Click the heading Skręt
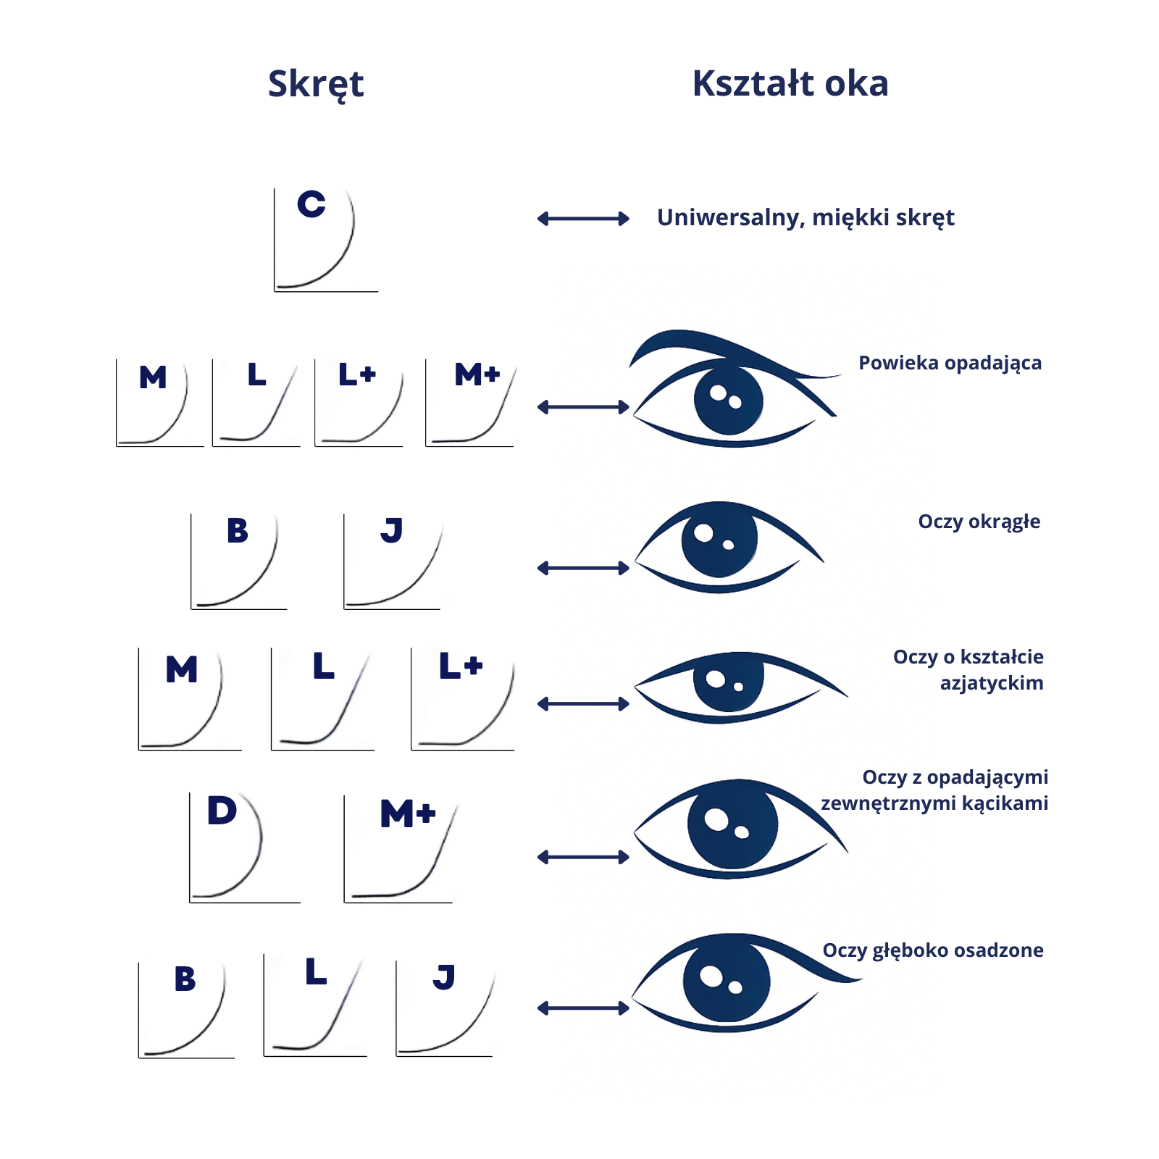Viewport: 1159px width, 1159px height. [x=316, y=84]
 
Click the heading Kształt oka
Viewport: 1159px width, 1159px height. [x=790, y=83]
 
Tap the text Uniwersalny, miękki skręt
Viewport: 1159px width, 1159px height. [x=806, y=217]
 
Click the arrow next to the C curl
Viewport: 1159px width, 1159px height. [x=583, y=219]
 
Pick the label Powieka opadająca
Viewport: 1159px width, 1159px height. [x=950, y=363]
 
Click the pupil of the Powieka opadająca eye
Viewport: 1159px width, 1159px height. [x=728, y=401]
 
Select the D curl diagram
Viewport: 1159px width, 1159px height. [x=243, y=847]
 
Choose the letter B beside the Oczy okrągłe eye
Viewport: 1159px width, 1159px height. [x=238, y=531]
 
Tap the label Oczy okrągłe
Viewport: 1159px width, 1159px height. [x=979, y=522]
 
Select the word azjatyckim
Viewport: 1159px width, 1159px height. [x=992, y=683]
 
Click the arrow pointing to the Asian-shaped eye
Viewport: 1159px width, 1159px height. [x=583, y=704]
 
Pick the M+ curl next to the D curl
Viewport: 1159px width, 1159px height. [x=399, y=848]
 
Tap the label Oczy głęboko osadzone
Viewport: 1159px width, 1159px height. [x=933, y=950]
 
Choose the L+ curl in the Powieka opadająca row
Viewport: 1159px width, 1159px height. [x=359, y=403]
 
